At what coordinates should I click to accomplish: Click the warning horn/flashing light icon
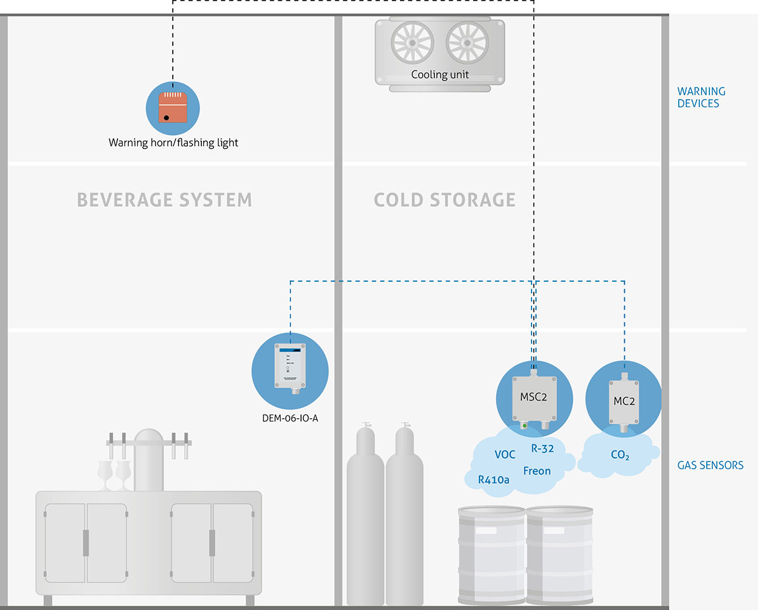[x=173, y=107]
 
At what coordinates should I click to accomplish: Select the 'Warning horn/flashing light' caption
[x=173, y=143]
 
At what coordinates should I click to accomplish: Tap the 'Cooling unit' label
[x=439, y=74]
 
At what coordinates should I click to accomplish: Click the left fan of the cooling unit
[x=411, y=43]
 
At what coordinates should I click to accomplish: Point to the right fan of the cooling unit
[x=467, y=43]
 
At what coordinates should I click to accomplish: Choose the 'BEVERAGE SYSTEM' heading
[x=164, y=200]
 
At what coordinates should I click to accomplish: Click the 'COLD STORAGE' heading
[x=444, y=200]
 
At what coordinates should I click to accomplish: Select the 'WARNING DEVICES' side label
[x=701, y=97]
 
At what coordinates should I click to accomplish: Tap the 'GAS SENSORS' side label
[x=710, y=465]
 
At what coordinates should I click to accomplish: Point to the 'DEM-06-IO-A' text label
[x=290, y=418]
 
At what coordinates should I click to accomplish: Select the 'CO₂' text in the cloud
[x=620, y=455]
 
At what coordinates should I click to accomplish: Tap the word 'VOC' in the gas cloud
[x=505, y=455]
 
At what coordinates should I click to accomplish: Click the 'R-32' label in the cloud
[x=543, y=449]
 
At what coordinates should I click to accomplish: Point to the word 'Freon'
[x=537, y=471]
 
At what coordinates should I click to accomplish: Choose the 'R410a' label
[x=493, y=480]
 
